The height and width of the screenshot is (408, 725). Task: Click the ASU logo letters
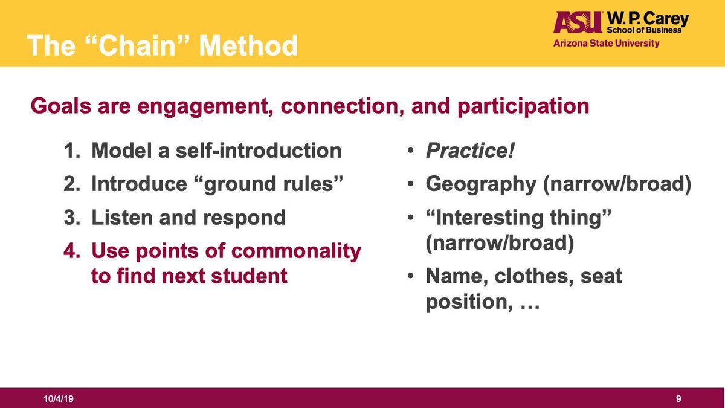(x=578, y=22)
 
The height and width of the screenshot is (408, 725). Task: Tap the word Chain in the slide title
(x=137, y=45)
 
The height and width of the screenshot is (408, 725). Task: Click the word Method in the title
(x=248, y=45)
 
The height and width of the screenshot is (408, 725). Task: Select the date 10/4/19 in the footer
(x=59, y=398)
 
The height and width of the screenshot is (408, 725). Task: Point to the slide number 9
(x=678, y=398)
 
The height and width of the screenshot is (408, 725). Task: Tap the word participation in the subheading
(x=523, y=106)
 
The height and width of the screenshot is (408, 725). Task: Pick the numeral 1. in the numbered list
(x=72, y=151)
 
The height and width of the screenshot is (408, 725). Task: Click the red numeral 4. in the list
(x=71, y=251)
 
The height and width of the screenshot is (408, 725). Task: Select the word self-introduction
(x=259, y=151)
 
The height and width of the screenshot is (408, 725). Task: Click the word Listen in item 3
(x=122, y=217)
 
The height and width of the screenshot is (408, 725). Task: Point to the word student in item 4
(x=249, y=276)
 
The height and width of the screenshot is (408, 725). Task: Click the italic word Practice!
(x=470, y=151)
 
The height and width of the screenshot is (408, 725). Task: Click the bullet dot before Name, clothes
(x=410, y=276)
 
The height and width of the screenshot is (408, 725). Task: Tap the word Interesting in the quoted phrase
(x=489, y=218)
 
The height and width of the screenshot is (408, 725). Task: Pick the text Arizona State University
(x=606, y=44)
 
